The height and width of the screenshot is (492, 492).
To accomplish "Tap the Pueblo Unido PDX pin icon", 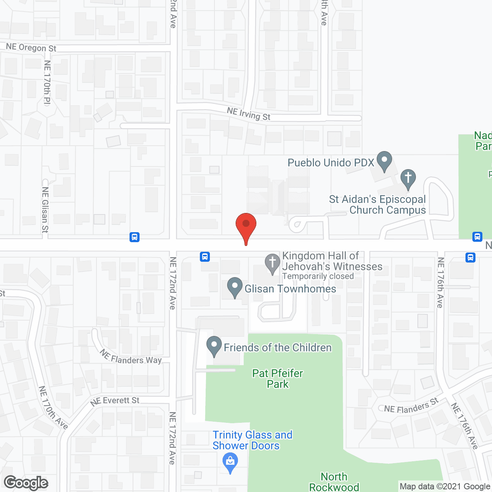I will (x=384, y=161).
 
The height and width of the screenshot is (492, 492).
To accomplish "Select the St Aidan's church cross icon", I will (x=408, y=179).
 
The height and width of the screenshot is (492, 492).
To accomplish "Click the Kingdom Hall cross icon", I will (x=273, y=263).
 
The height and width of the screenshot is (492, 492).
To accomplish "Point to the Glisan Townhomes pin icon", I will (x=234, y=288).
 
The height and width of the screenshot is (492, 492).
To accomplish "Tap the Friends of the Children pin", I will (x=214, y=346).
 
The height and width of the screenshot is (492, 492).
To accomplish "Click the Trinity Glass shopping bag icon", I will (x=230, y=462).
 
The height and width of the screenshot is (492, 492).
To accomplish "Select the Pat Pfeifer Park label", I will (x=278, y=379).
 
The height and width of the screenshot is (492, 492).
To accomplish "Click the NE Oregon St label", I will (x=31, y=48).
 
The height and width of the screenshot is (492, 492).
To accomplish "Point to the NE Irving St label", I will (x=249, y=114).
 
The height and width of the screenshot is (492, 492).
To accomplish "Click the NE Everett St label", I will (x=115, y=401).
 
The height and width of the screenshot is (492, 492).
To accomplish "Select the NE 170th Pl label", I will (x=47, y=83).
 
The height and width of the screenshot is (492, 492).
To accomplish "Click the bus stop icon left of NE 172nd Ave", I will (x=135, y=237).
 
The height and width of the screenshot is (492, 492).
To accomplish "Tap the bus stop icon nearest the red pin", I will (x=205, y=257).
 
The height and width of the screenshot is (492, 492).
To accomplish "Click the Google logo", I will (x=26, y=483).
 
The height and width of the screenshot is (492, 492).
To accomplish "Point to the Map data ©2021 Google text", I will (x=445, y=487).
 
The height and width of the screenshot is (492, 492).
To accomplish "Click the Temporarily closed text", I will (x=318, y=276).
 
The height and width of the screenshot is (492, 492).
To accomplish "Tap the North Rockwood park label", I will (x=334, y=482).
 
